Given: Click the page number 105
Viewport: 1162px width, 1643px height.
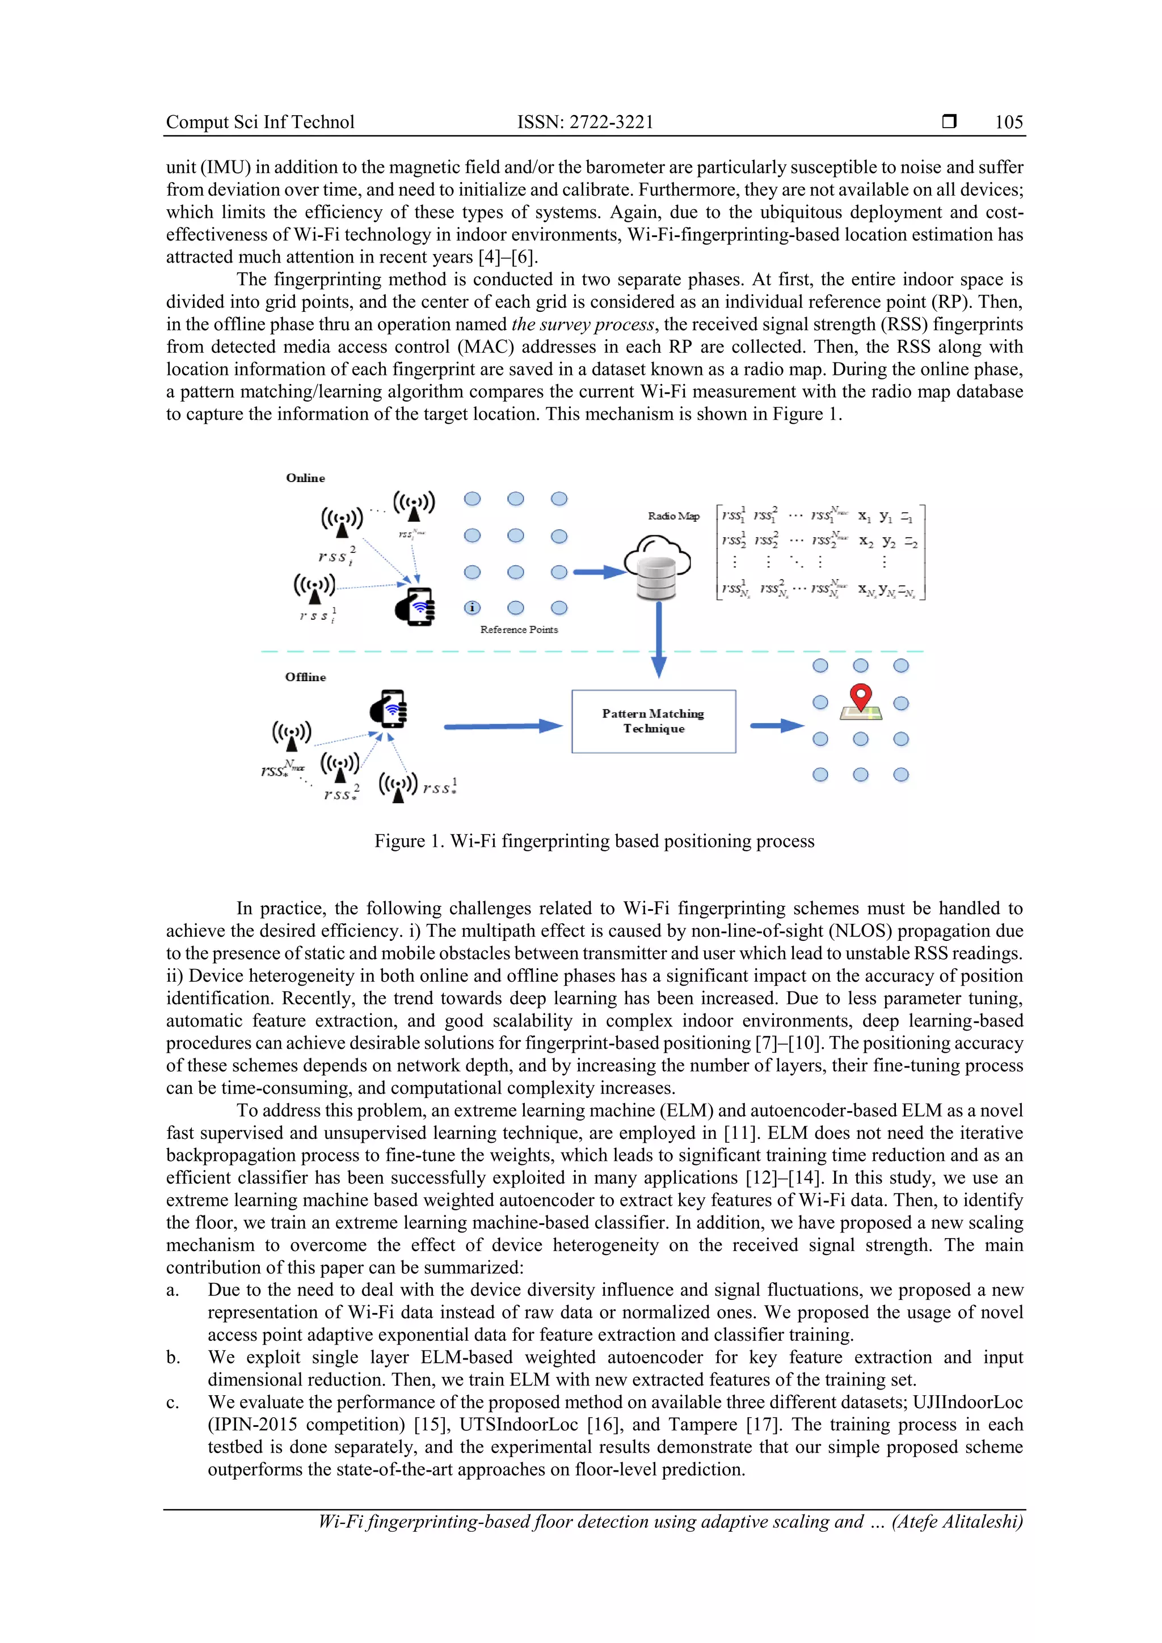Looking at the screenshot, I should pyautogui.click(x=1008, y=123).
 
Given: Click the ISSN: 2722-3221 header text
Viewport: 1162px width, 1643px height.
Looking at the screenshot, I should pyautogui.click(x=585, y=123).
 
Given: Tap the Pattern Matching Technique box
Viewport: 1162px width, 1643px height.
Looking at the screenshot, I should pyautogui.click(x=653, y=721).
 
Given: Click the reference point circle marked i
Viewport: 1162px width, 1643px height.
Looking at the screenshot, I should pyautogui.click(x=472, y=607).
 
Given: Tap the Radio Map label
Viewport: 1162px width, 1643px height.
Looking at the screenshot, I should pyautogui.click(x=673, y=516).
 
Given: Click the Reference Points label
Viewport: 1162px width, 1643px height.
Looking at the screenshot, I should pyautogui.click(x=519, y=630).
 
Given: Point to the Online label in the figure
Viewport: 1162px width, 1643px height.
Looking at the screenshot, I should pyautogui.click(x=305, y=478).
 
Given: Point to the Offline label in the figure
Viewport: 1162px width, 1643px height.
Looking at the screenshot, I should pyautogui.click(x=305, y=677).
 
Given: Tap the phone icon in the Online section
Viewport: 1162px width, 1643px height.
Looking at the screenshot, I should pyautogui.click(x=415, y=607).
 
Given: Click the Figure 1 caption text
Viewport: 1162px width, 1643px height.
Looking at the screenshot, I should pyautogui.click(x=593, y=841).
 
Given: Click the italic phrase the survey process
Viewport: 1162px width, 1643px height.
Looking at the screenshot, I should pyautogui.click(x=583, y=324).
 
